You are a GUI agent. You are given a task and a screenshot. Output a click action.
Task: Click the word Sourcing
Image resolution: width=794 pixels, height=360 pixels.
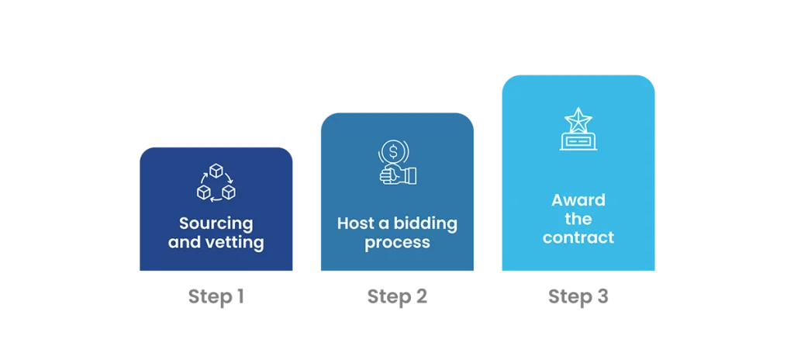[x=216, y=224]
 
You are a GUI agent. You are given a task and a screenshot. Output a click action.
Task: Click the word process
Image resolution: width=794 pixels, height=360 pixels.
[x=397, y=243]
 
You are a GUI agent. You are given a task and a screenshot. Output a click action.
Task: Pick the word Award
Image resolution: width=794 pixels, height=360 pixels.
[x=578, y=200]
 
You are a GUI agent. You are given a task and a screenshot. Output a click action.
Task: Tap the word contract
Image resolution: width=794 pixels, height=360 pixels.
[x=578, y=237]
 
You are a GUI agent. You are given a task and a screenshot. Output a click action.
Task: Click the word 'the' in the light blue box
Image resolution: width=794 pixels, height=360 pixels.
[x=578, y=219]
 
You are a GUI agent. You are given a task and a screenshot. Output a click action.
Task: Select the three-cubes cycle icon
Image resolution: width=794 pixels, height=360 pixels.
[x=216, y=183]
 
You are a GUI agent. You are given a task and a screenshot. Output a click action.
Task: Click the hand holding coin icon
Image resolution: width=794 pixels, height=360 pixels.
[x=397, y=162]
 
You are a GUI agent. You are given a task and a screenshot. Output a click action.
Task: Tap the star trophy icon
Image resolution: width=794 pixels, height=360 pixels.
[x=578, y=130]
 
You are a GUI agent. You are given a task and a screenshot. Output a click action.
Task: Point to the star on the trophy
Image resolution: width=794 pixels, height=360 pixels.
[x=578, y=119]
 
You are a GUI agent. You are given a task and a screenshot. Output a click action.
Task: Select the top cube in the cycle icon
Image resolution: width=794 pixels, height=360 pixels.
[x=216, y=171]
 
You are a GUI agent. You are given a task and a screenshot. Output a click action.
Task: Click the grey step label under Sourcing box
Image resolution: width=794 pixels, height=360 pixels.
[x=216, y=296]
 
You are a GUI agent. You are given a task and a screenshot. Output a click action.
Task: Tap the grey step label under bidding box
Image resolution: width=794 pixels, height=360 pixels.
[x=397, y=296]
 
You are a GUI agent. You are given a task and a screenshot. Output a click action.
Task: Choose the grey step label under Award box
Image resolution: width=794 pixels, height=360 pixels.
[x=578, y=296]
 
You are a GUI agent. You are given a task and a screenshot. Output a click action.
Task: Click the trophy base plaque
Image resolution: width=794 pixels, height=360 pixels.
[x=578, y=141]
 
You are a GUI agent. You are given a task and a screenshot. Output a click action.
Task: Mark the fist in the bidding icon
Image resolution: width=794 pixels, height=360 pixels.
[x=390, y=174]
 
